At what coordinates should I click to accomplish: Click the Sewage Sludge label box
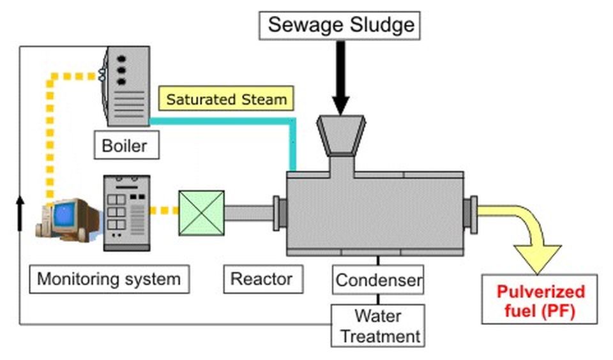(x=340, y=26)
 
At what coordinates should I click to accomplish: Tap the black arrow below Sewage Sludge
(x=340, y=77)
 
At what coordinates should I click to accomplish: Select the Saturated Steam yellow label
(x=227, y=100)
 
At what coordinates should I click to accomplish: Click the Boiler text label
(x=125, y=146)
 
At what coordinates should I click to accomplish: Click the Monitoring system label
(x=109, y=279)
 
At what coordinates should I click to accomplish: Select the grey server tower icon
(x=127, y=213)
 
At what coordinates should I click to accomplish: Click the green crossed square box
(x=201, y=213)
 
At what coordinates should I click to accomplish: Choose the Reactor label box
(x=262, y=279)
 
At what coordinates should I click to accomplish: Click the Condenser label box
(x=379, y=280)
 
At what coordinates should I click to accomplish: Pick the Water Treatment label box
(x=377, y=326)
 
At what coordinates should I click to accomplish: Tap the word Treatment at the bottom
(x=379, y=336)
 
